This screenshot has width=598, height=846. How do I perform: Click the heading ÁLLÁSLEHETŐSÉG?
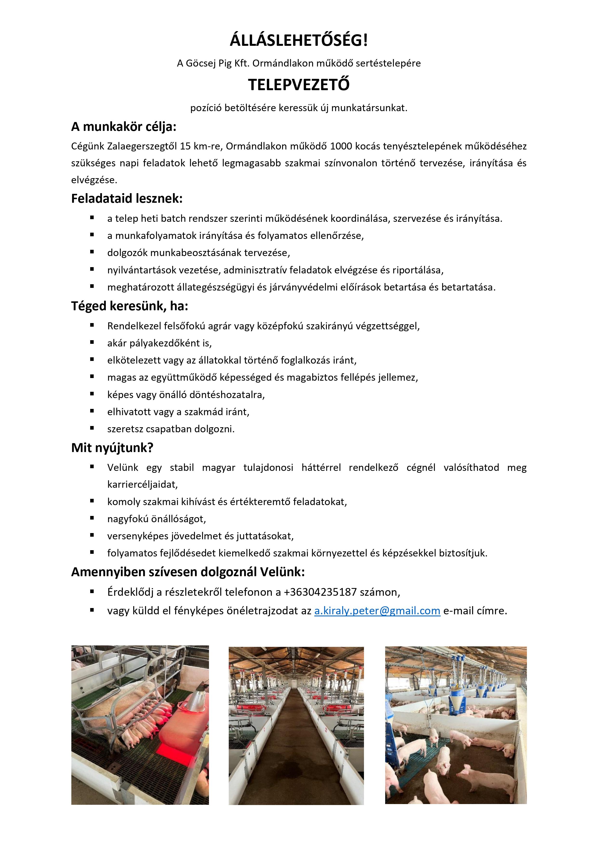click(x=299, y=41)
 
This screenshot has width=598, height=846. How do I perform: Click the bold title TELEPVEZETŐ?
click(x=299, y=85)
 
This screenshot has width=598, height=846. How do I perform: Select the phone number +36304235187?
click(x=320, y=592)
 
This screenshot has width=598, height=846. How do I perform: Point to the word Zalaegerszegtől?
click(x=142, y=146)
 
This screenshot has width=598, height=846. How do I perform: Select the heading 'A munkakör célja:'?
click(x=124, y=127)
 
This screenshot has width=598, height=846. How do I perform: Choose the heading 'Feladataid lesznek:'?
click(x=127, y=199)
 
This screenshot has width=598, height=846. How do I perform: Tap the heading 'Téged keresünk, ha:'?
click(x=130, y=306)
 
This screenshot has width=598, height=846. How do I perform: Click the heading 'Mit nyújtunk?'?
click(x=112, y=448)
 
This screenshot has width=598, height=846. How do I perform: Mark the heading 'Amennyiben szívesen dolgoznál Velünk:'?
click(x=188, y=572)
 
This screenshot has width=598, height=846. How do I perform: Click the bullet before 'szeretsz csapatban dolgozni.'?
click(x=92, y=428)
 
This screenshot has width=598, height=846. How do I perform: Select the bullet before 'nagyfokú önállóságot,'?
click(x=92, y=518)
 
